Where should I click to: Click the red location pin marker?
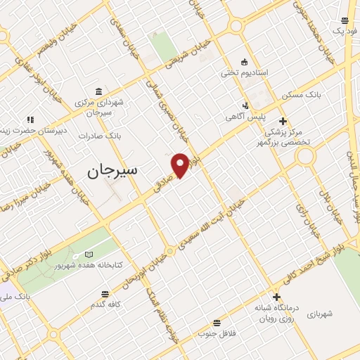[181, 165]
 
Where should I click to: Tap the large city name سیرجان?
[112, 170]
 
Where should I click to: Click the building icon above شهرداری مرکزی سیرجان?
[98, 91]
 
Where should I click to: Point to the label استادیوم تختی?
[243, 72]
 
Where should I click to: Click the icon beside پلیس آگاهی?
[245, 106]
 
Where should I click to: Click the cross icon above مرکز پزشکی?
[283, 120]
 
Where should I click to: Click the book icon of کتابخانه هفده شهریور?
[88, 254]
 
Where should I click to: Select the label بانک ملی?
[15, 298]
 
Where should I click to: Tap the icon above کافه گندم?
[105, 293]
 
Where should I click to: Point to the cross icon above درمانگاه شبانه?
[277, 297]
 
